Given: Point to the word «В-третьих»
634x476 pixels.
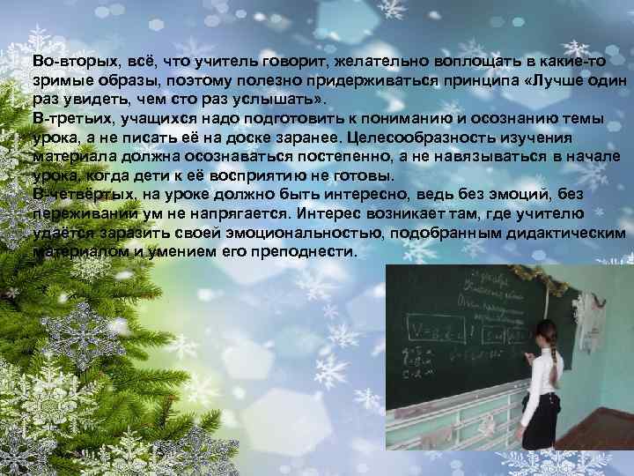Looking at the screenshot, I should tap(64, 117).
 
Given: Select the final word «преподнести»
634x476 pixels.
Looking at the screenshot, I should tap(309, 251).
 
